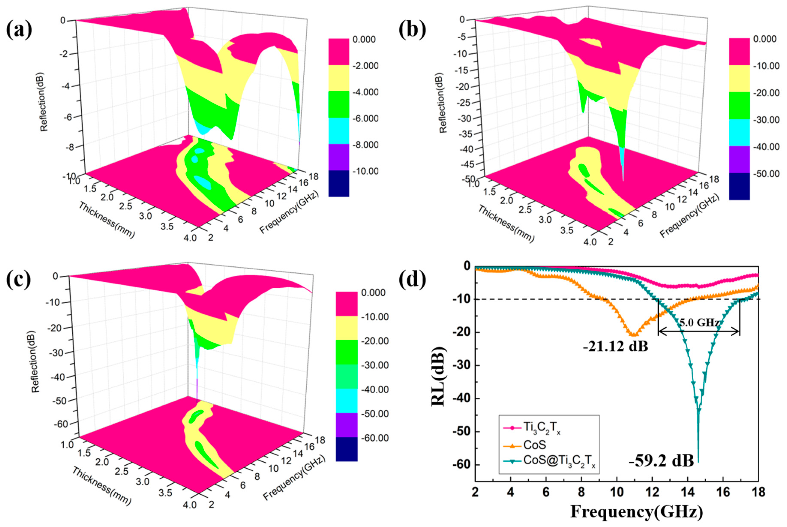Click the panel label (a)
[19, 30]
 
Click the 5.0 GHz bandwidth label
[699, 323]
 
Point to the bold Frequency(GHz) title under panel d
[636, 512]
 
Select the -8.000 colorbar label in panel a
[365, 145]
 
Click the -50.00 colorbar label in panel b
[766, 174]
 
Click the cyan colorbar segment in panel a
[339, 131]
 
